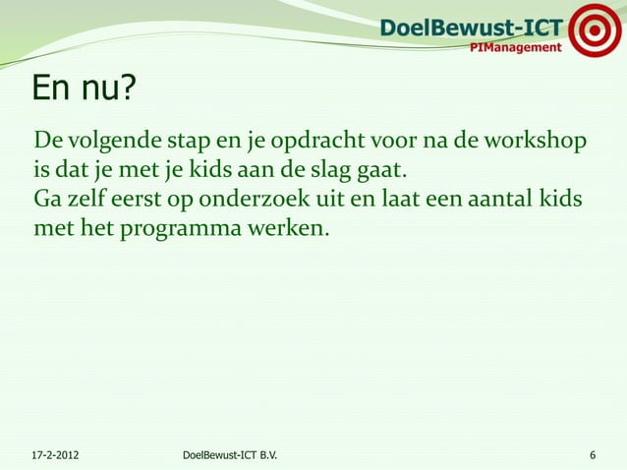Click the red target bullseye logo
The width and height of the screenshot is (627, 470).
coord(596,30)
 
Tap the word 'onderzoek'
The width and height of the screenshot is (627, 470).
coord(258,201)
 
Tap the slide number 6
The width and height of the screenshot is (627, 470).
coord(592,455)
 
